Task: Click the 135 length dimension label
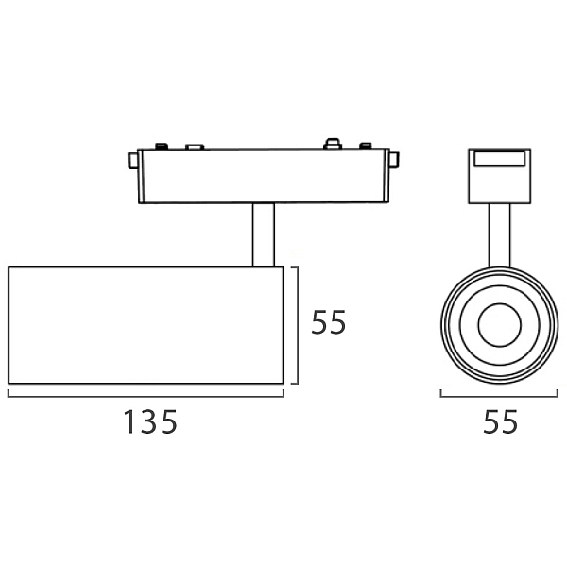tap(150, 422)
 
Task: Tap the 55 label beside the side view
tap(328, 322)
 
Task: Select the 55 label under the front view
tap(501, 421)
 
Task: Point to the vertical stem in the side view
tap(264, 235)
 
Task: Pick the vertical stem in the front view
tap(499, 235)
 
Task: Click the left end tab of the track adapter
tap(133, 161)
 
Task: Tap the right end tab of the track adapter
tap(394, 160)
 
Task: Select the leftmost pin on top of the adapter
tap(162, 146)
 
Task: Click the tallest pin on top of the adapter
tap(333, 144)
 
